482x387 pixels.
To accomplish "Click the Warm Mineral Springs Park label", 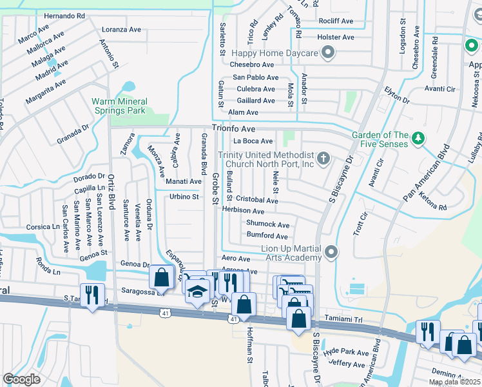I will click(119, 106).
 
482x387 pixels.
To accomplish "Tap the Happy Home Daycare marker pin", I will click(328, 53).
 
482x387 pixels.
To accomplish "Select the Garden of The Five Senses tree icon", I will click(418, 138).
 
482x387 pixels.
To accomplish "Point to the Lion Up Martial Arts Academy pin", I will click(331, 252).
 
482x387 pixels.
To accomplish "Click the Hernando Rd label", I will click(64, 15).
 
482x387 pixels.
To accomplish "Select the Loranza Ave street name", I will click(122, 30).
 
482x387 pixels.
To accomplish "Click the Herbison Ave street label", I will click(243, 211).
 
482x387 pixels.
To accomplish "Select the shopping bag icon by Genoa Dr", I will click(161, 277).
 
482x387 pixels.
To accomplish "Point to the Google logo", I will click(21, 379).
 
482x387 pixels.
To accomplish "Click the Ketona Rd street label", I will click(433, 208).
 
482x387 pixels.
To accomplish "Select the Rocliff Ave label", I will click(336, 21).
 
